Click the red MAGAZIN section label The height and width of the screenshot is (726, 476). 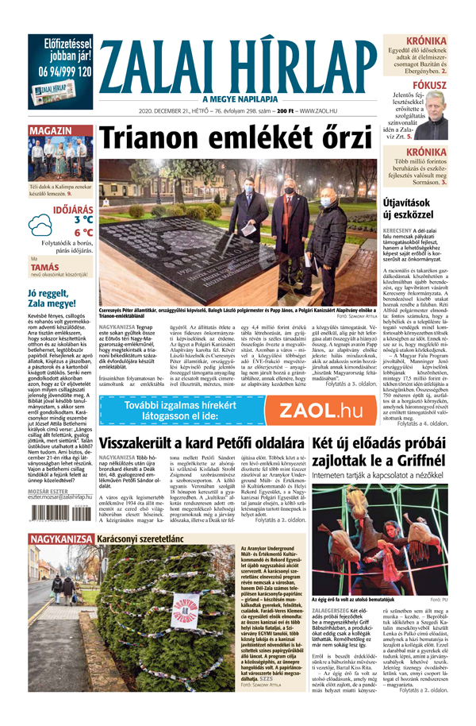(x=50, y=129)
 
